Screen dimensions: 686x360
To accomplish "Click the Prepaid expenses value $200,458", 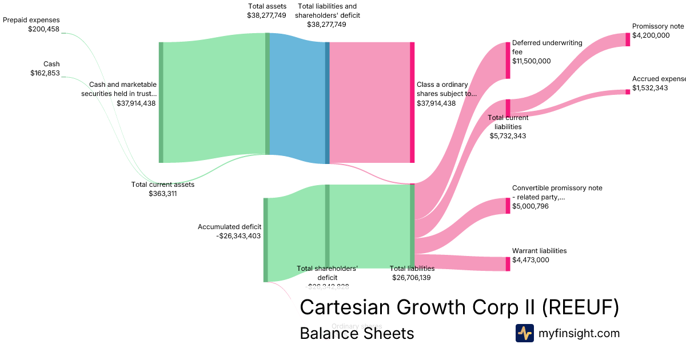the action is (43, 29).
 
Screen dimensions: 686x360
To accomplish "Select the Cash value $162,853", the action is (45, 73).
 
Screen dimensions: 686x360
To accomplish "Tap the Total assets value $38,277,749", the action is (262, 15).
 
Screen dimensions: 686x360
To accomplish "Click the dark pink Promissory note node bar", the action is (627, 39).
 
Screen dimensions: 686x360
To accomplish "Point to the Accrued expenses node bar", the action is (627, 92).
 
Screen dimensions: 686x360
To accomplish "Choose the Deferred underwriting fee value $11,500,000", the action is (531, 61).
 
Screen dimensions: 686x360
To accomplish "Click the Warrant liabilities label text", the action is (539, 251).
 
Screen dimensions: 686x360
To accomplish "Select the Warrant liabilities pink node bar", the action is (508, 264).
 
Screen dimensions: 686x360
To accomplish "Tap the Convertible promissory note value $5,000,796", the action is (530, 206).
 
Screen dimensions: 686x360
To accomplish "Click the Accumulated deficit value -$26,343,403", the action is (239, 236).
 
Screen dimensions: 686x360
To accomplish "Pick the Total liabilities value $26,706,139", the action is (412, 278).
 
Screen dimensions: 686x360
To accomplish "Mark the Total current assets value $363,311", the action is (162, 194).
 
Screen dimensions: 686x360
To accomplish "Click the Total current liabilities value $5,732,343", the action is (508, 136).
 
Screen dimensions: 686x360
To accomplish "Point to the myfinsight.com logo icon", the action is (524, 333).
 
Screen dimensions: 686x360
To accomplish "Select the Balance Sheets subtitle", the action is (357, 333).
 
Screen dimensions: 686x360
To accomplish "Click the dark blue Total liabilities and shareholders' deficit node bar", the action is (328, 103).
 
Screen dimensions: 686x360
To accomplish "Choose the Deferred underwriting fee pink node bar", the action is (508, 60).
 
